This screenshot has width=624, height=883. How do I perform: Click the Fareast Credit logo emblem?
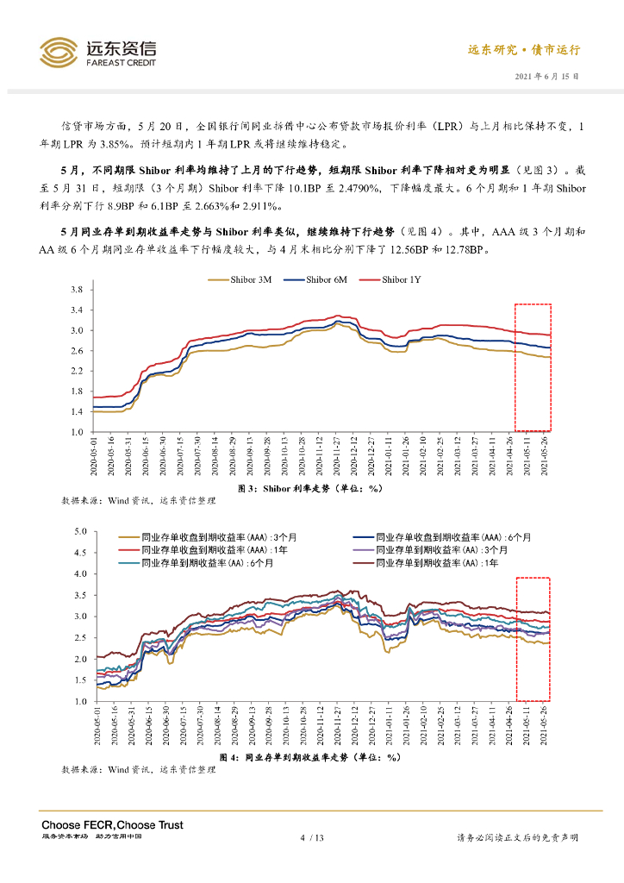coord(58,52)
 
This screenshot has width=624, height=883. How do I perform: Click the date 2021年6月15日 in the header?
coord(547,76)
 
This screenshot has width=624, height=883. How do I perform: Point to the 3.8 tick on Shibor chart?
coord(76,290)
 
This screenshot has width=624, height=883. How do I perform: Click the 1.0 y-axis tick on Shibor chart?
coord(76,432)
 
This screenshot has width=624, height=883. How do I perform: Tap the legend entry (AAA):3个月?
coord(200,535)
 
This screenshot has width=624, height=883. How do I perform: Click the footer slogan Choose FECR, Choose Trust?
coord(112,825)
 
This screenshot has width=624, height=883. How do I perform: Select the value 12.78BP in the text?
coord(462,250)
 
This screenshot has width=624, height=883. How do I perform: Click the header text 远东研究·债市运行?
coord(524,50)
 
